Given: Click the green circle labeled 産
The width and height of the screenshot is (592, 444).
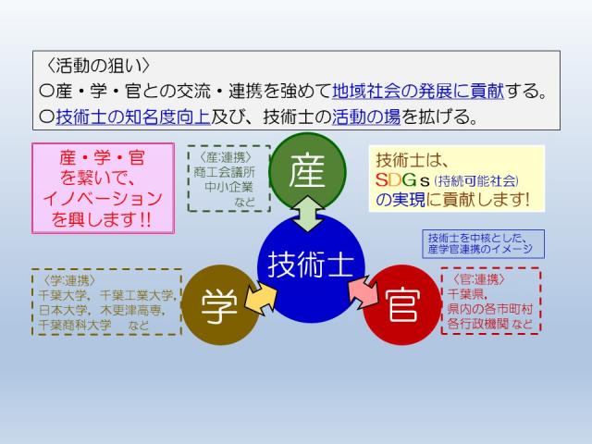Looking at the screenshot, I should (x=306, y=172).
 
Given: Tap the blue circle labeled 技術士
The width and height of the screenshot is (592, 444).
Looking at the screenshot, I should (x=311, y=265).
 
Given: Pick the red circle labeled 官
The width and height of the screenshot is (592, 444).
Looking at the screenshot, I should (x=400, y=306).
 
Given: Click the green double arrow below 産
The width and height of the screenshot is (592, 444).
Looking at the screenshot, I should (x=309, y=215).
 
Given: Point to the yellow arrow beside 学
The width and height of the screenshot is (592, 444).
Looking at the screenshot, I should (x=258, y=295).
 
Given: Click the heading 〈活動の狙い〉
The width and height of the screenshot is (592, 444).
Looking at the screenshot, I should (x=97, y=67).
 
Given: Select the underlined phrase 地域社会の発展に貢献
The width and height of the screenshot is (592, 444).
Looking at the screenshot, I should (x=417, y=92).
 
